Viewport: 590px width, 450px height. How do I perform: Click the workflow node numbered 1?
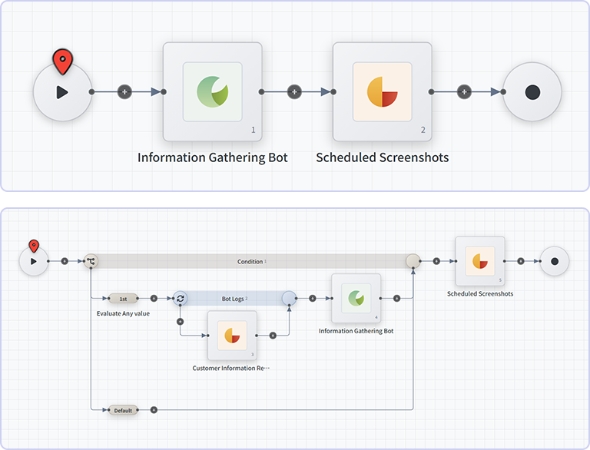(x=212, y=92)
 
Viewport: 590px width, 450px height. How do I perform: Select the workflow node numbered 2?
(x=382, y=92)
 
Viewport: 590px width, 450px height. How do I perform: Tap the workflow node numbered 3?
(x=231, y=336)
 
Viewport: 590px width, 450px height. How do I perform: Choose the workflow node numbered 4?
(x=356, y=298)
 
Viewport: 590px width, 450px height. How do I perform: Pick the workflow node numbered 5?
(x=479, y=261)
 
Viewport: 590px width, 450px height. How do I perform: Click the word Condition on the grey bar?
(x=250, y=262)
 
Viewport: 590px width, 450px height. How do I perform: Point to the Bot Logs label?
(x=233, y=298)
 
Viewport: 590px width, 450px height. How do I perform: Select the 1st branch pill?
(x=123, y=298)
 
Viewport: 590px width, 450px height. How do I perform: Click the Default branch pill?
(x=123, y=410)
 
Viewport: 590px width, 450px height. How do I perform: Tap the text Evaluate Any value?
(x=123, y=313)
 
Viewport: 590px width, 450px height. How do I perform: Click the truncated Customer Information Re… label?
(x=231, y=369)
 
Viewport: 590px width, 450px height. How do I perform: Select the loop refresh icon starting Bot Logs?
(x=180, y=298)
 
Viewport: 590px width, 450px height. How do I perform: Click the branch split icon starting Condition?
(x=91, y=261)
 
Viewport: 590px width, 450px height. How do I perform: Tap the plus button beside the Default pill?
(x=154, y=410)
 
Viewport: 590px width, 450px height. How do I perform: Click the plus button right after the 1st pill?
(x=154, y=298)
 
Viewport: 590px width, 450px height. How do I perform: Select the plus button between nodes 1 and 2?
(x=293, y=92)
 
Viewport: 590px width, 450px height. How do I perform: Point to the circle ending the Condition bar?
(x=413, y=261)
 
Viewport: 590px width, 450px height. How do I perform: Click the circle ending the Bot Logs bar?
(x=289, y=298)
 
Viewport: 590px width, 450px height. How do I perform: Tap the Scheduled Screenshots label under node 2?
(x=382, y=157)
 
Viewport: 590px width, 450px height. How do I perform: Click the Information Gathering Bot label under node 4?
(x=356, y=331)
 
